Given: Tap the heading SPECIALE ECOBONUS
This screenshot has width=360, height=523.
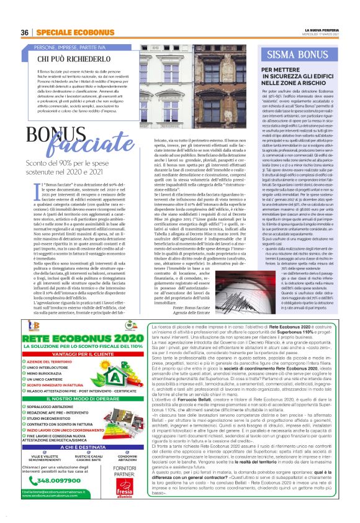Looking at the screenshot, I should click(70, 32).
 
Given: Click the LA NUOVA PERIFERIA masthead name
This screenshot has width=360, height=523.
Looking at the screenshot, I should click(323, 29).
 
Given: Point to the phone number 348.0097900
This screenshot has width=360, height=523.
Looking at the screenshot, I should click(63, 496).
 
